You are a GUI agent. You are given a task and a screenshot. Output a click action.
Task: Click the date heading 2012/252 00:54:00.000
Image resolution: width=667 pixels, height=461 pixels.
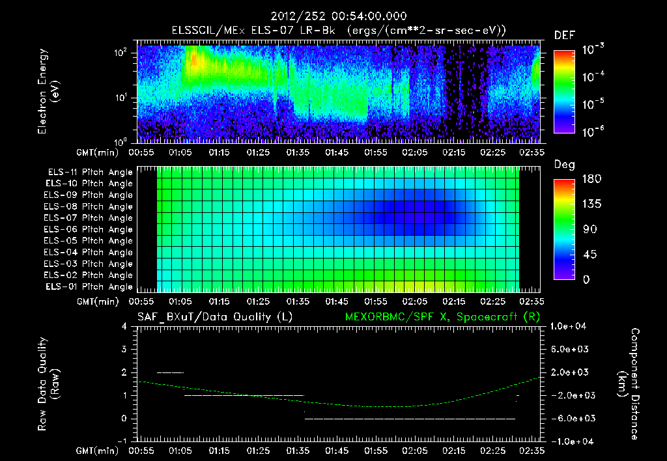tap(333, 16)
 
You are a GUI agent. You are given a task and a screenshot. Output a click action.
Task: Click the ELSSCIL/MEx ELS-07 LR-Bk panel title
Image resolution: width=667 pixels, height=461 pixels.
tap(333, 31)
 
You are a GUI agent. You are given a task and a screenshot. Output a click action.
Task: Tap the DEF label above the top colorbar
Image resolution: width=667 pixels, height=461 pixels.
tap(563, 35)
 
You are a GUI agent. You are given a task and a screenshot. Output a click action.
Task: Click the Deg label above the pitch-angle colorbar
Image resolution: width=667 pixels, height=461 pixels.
tap(563, 165)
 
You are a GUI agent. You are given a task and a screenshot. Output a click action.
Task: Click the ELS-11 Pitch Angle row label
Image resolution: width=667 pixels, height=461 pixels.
tap(88, 172)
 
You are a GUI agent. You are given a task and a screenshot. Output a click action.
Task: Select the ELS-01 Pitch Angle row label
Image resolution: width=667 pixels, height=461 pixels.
tap(88, 286)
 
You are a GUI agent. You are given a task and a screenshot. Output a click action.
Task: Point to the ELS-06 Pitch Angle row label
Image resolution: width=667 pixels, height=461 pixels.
tap(88, 229)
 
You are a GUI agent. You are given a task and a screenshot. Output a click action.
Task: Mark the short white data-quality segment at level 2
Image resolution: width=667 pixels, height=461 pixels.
tap(171, 372)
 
